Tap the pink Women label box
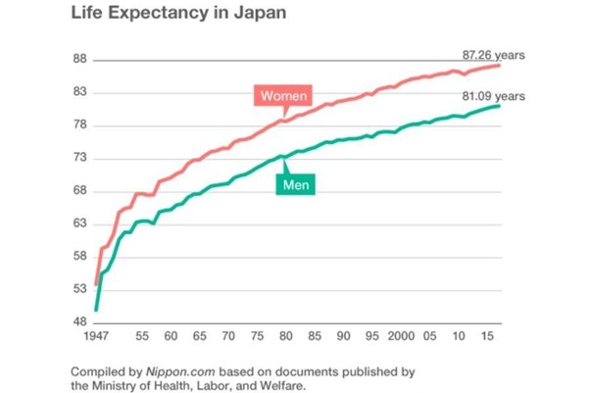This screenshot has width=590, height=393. click(283, 96)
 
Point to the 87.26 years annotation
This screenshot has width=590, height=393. click(493, 56)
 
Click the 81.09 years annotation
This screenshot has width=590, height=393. click(493, 95)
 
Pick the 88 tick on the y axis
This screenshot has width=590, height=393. click(80, 60)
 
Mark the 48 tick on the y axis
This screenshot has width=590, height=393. click(80, 322)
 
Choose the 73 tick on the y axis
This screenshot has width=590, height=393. click(80, 159)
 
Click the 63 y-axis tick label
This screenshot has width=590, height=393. click(80, 224)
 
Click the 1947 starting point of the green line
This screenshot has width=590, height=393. click(96, 310)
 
